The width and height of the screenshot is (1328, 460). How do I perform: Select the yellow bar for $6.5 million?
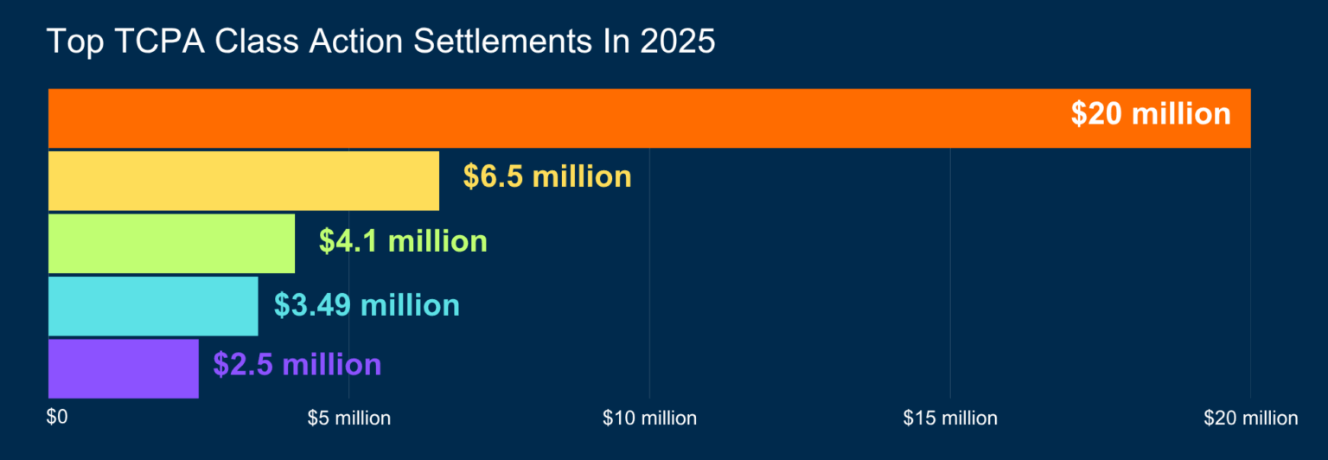click(243, 180)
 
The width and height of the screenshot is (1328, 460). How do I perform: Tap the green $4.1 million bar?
click(171, 243)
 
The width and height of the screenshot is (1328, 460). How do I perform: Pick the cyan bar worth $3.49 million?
click(153, 305)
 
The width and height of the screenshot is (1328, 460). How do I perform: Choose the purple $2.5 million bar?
click(123, 368)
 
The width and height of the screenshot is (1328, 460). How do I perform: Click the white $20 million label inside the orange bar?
click(1150, 114)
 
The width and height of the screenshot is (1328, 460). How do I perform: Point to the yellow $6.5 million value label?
click(547, 176)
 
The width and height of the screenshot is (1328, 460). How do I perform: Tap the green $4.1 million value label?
click(403, 240)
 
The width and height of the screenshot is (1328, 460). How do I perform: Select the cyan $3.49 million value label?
click(367, 304)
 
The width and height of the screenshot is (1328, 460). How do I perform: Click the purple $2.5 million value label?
click(297, 364)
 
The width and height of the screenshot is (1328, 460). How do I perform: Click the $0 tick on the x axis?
click(56, 418)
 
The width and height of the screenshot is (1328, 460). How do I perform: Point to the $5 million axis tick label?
click(349, 418)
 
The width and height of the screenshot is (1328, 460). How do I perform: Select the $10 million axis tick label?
click(649, 418)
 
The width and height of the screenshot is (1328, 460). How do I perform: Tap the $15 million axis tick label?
click(950, 418)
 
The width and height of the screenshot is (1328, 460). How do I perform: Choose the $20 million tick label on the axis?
click(1250, 418)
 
